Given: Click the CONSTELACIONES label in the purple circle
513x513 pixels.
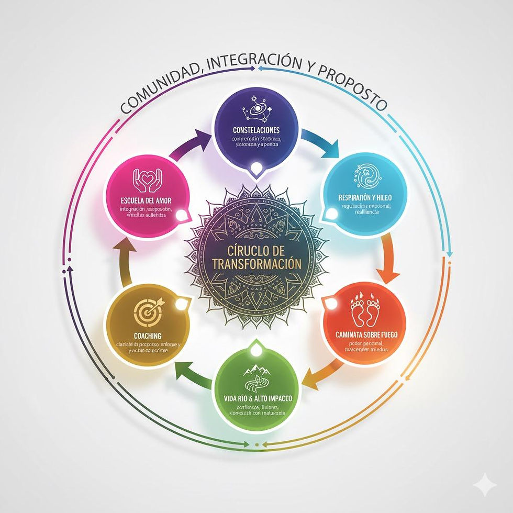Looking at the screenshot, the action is coord(256,130).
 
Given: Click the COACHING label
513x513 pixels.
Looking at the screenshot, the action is coord(148,336).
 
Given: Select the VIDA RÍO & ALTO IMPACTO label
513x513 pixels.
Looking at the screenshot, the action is coord(255,398).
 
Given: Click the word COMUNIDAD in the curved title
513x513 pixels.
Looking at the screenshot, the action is coord(157,90).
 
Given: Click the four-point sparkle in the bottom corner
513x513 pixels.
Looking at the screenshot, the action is coord(485,485).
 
